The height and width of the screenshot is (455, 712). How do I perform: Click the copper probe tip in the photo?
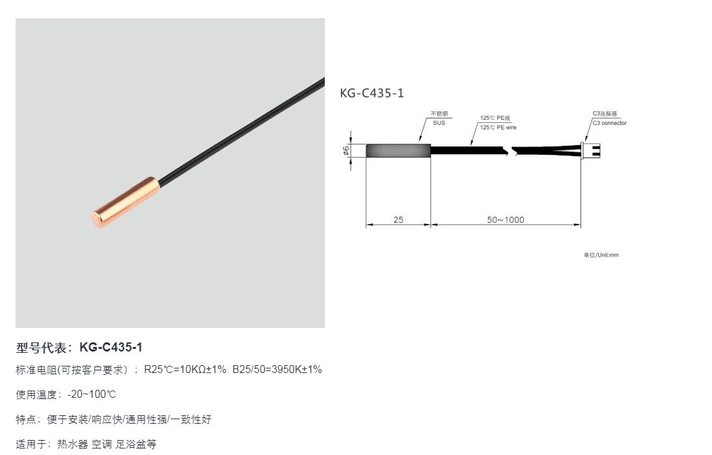click(126, 202)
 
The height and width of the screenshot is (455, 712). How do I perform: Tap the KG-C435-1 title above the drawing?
click(372, 93)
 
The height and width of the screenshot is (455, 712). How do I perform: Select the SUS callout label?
click(439, 123)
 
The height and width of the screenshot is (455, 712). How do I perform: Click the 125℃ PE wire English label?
click(498, 128)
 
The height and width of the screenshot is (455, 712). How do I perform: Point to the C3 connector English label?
click(609, 123)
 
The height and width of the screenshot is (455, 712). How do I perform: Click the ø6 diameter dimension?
click(346, 150)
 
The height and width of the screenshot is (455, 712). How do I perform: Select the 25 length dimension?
click(398, 220)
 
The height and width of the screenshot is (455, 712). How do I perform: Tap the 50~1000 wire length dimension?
click(506, 220)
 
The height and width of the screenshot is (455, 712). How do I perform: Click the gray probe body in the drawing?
click(398, 151)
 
